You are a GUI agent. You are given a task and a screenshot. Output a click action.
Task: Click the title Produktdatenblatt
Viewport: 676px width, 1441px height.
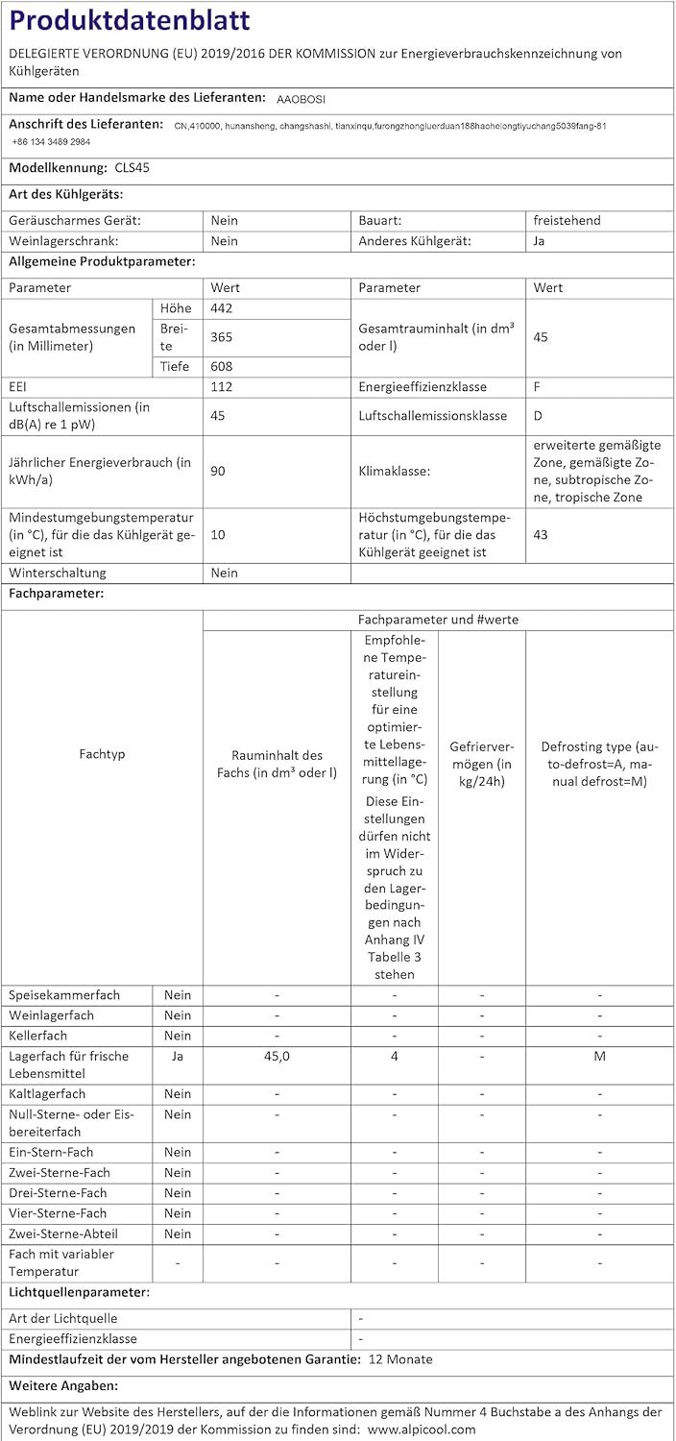pos(131,21)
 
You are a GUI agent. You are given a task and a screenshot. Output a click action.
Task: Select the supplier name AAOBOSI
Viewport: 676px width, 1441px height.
pos(302,98)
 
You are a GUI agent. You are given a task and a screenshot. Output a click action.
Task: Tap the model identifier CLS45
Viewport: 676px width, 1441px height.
pos(131,167)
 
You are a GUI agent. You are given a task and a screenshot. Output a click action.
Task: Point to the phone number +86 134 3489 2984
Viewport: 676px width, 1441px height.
pos(52,141)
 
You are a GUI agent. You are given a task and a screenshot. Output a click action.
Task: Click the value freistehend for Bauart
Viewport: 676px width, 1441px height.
pos(567,220)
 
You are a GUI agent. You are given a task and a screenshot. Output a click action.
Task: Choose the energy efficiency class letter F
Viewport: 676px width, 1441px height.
pos(538,386)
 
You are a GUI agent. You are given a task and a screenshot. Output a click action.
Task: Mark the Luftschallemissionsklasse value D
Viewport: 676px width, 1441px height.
pos(538,415)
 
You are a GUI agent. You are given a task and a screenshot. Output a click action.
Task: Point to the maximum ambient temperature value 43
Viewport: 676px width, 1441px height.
pos(541,534)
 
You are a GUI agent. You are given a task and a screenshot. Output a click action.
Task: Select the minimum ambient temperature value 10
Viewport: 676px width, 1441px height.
pos(218,534)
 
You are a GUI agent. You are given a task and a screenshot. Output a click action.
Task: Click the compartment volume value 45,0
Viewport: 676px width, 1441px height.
pos(277,1056)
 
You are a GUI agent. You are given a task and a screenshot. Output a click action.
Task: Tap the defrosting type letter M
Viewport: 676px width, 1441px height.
pos(600,1056)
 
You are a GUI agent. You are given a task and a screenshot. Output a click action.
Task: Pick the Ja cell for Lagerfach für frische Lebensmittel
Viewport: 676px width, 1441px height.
pos(177,1056)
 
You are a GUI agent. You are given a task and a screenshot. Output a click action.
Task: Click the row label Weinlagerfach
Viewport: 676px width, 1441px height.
pos(52,1015)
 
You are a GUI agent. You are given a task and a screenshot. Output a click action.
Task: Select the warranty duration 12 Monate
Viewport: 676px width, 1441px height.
pos(400,1359)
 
